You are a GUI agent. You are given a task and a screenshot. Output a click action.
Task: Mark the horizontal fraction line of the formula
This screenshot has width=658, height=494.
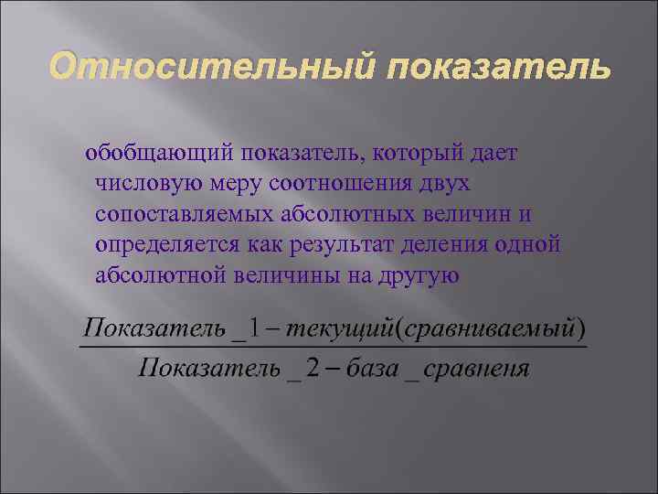(x=333, y=347)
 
